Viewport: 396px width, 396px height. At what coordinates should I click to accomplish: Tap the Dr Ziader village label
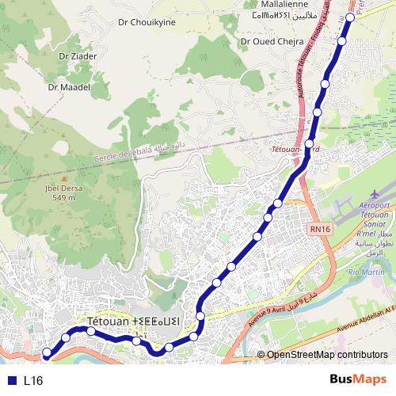pos(77,56)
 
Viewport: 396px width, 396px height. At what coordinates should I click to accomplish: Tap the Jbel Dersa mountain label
pos(60,188)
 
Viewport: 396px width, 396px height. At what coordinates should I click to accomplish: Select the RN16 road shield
pos(320,229)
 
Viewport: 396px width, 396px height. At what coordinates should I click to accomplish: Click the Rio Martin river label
pos(365,272)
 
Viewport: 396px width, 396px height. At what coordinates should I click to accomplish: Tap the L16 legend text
pos(32,381)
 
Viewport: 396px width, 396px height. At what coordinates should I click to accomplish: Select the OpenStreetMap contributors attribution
pos(327,354)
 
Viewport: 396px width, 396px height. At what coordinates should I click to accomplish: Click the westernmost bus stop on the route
pos(47,352)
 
